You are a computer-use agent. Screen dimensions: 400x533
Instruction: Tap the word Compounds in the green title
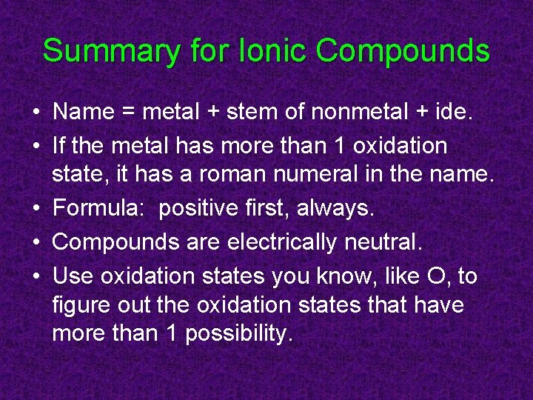point(403,52)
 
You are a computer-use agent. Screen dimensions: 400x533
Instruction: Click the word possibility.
point(239,334)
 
